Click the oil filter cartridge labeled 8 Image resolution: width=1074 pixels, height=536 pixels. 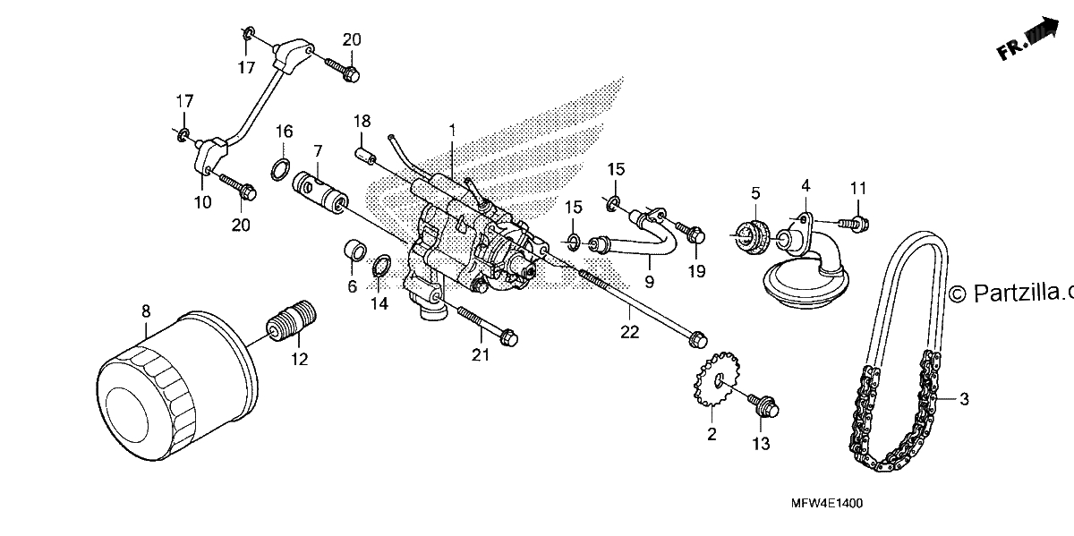point(176,385)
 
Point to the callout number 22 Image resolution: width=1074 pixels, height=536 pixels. point(629,332)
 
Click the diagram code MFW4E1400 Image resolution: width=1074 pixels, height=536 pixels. point(827,504)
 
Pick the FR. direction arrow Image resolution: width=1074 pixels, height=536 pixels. point(1027,38)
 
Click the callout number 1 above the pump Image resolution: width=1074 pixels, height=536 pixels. point(452,130)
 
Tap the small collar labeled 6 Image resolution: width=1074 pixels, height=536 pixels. point(355,251)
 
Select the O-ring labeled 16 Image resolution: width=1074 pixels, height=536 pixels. point(280,170)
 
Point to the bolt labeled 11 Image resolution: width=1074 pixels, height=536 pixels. point(855,223)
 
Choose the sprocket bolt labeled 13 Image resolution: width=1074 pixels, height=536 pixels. point(763,406)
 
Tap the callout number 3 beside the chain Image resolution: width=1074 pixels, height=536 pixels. point(964,399)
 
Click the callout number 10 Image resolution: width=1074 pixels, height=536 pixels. point(202,202)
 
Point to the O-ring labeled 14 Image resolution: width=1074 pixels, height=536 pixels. point(382,267)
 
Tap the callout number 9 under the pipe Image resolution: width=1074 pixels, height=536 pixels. point(649,282)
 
